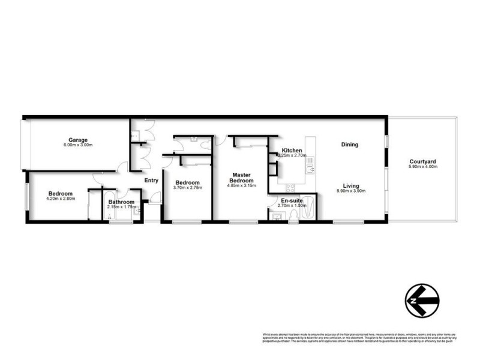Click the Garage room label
click(78, 140)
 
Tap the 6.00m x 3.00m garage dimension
click(78, 146)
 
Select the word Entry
click(151, 181)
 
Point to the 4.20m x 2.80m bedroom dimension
click(61, 199)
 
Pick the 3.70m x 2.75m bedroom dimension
click(187, 188)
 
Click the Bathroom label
click(121, 202)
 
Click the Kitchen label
click(292, 150)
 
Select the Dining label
click(349, 145)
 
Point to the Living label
click(351, 185)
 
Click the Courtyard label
click(423, 161)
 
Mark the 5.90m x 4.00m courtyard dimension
click(423, 167)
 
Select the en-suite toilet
click(278, 217)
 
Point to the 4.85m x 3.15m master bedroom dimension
click(242, 186)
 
